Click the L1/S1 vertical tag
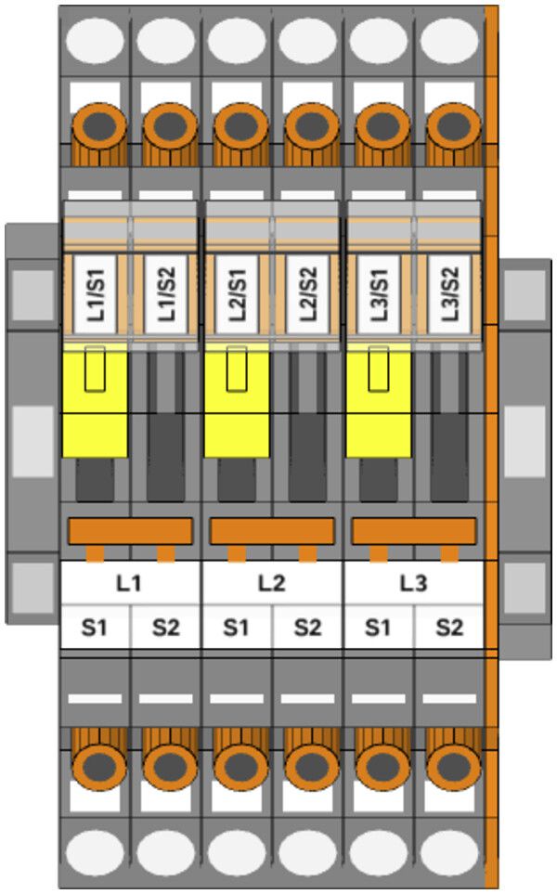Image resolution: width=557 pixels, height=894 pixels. [95, 294]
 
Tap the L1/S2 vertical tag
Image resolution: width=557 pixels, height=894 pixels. [165, 294]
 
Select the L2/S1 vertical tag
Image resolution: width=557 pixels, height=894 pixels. [237, 294]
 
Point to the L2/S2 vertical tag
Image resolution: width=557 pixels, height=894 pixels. [307, 294]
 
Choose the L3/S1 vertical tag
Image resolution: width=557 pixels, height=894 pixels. [379, 294]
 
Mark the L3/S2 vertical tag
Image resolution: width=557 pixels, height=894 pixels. [449, 294]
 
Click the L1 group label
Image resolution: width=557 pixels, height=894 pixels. [130, 584]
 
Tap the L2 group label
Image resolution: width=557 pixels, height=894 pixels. [272, 584]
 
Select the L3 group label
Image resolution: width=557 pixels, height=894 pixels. [414, 584]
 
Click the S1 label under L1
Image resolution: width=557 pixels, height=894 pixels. [95, 628]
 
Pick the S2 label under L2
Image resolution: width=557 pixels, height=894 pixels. [307, 628]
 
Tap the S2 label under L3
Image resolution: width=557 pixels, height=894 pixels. [449, 628]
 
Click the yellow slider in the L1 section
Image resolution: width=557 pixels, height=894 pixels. [95, 401]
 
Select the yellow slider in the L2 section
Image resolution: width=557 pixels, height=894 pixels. [237, 401]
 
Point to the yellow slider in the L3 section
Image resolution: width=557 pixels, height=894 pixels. [379, 401]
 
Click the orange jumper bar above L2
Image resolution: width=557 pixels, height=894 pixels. [272, 531]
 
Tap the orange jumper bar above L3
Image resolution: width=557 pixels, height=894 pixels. [414, 531]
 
